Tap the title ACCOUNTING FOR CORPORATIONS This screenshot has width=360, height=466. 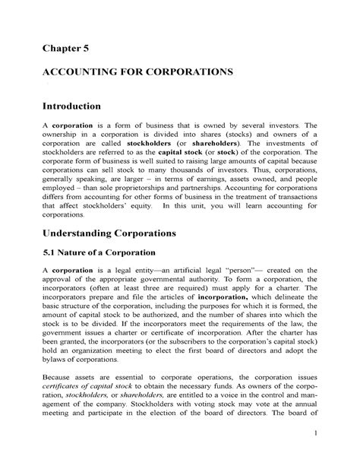click(125, 74)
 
